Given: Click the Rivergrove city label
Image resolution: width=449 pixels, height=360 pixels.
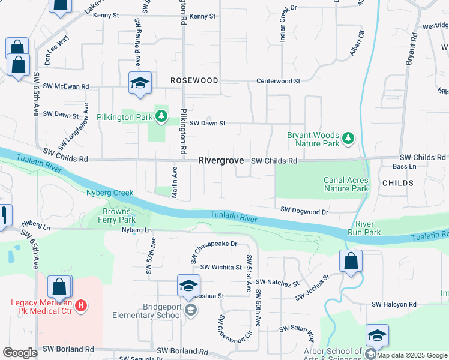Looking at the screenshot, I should click(x=221, y=161).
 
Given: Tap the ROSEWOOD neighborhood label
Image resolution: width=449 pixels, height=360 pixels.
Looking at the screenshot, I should click(x=194, y=80).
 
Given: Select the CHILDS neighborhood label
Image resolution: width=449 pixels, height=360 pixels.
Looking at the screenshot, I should click(x=397, y=182).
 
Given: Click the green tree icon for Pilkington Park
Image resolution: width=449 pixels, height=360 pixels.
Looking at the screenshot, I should click(x=161, y=116).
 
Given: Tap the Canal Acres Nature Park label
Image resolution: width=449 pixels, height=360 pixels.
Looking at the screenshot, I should click(x=345, y=184).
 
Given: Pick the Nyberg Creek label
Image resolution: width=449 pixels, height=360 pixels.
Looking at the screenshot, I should click(x=109, y=193).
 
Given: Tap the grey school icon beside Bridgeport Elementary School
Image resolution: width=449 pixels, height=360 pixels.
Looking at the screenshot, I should click(x=191, y=310).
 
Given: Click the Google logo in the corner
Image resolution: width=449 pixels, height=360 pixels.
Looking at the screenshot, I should click(x=20, y=352).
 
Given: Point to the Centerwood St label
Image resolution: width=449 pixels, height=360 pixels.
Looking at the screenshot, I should click(x=278, y=80).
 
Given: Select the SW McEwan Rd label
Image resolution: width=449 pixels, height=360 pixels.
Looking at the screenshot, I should click(x=63, y=86).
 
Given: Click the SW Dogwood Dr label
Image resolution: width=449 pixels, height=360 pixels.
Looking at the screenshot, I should click(x=305, y=211).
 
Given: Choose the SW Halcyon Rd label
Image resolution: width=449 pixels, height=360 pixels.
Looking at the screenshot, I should click(x=393, y=305).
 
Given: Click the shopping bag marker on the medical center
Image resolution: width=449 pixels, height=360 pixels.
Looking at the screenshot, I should click(x=59, y=287).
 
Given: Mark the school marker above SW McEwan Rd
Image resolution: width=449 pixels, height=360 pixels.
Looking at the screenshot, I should click(x=139, y=83).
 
